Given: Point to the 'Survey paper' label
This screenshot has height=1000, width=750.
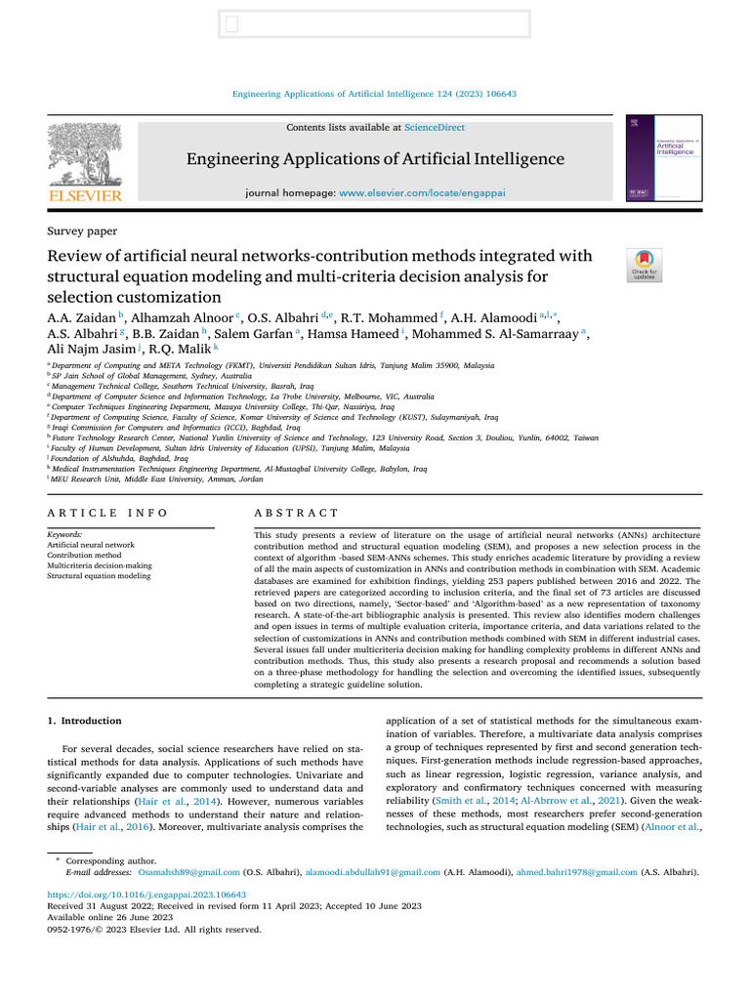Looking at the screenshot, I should [x=82, y=231].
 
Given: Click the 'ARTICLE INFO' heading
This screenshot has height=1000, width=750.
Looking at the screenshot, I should [x=107, y=513].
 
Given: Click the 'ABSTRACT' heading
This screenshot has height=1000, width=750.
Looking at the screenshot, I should [x=297, y=513].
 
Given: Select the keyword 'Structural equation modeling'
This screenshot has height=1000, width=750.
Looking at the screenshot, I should [x=99, y=576].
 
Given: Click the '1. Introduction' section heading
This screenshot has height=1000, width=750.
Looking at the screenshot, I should [x=85, y=721].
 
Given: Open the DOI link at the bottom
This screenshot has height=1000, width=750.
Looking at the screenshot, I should [x=147, y=894].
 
